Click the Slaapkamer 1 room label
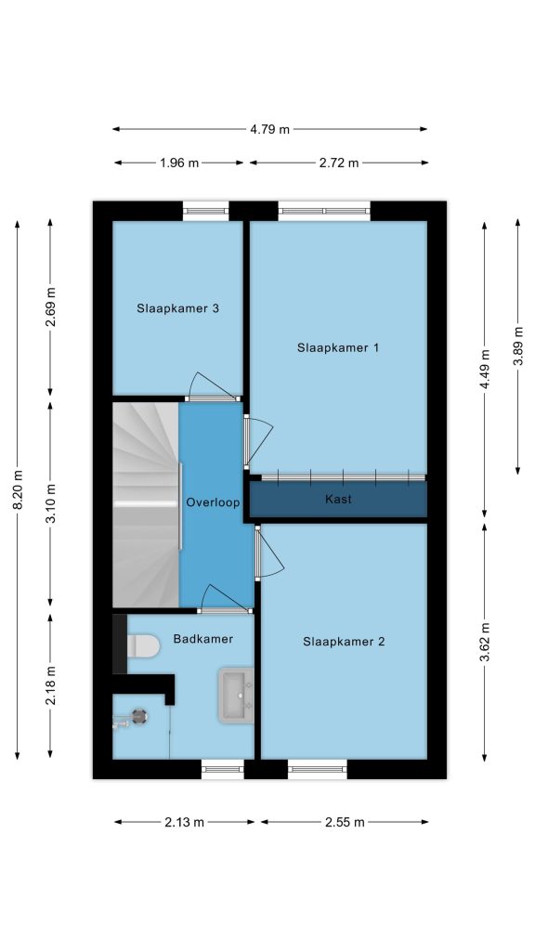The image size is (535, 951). pos(338,348)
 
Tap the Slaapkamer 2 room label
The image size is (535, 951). pos(344,642)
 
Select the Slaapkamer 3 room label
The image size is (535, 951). pos(177,308)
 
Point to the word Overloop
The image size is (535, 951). pos(213,502)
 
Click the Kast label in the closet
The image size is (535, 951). pos(338,499)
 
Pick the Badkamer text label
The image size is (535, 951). pos(203,639)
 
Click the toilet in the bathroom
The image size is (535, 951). pos(143,646)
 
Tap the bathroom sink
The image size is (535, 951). pos(236,696)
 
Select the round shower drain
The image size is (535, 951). pos(140,716)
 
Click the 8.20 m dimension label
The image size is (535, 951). pos(17,490)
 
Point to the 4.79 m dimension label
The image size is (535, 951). pos(270,129)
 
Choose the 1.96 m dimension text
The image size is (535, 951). pos(179,163)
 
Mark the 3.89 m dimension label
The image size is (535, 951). pos(518,346)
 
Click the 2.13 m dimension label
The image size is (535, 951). pos(185,823)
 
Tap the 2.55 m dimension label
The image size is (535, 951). pos(345,823)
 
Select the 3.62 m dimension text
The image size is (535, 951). pos(485,644)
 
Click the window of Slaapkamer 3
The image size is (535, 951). pos(206,211)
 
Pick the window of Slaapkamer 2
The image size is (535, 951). pos(318,769)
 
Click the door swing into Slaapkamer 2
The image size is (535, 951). pos(269,554)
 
